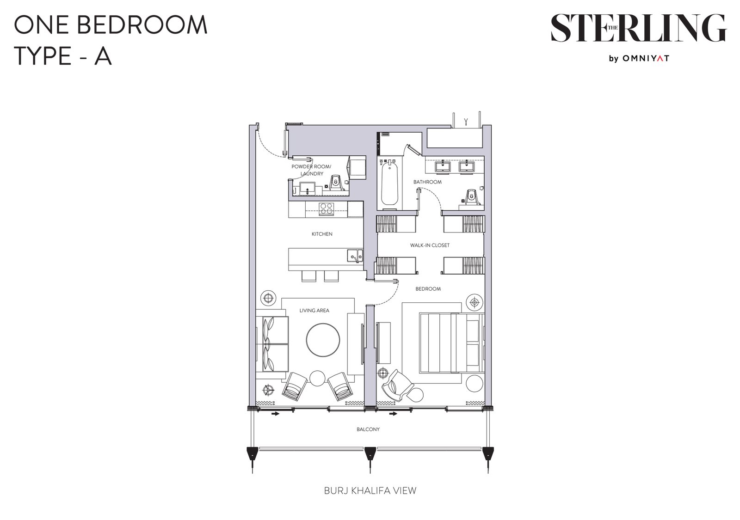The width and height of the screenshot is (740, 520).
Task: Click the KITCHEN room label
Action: (x=322, y=234)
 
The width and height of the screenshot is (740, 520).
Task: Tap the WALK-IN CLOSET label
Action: (x=430, y=245)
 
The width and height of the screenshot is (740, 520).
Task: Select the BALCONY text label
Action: (x=368, y=429)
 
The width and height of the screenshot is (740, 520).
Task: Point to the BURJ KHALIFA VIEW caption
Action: (x=370, y=490)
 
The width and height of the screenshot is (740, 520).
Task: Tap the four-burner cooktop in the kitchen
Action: (x=327, y=209)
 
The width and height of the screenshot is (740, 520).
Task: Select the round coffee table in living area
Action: (x=323, y=340)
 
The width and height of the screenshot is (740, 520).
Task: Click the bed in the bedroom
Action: (x=451, y=343)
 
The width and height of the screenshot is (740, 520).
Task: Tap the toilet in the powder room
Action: (x=336, y=183)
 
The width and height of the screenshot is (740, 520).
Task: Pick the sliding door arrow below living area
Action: (x=275, y=413)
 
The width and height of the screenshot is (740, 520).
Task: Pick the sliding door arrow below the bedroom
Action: (x=393, y=413)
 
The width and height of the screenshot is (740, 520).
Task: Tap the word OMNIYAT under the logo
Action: (x=646, y=58)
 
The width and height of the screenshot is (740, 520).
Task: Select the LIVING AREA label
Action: (x=314, y=311)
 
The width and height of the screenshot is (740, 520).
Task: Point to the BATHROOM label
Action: (x=427, y=182)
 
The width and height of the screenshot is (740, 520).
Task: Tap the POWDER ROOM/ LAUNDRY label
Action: (x=311, y=170)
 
